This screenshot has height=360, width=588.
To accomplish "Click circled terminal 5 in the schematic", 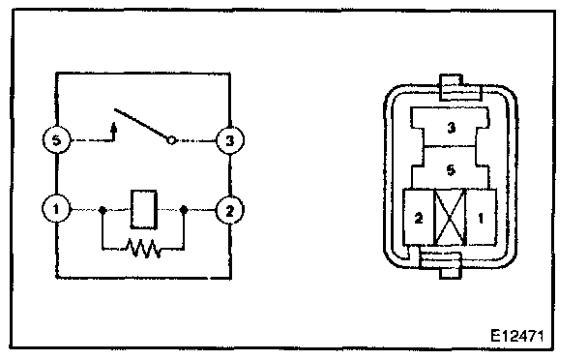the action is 56,140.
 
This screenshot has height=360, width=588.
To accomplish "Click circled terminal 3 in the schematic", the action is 230,140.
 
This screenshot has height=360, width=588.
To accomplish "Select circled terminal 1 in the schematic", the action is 56,209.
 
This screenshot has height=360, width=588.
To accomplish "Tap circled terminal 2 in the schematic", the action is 229,210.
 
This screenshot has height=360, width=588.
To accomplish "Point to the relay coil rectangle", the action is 144,209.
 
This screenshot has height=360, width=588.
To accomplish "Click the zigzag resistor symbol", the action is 143,248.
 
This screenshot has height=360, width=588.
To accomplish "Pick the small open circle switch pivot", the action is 170,140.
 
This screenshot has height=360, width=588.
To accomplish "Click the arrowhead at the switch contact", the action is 114,127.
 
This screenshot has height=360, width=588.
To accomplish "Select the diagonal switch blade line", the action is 140,123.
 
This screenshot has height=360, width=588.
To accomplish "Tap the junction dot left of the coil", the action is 103,209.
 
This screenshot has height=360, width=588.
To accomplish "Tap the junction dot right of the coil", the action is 184,209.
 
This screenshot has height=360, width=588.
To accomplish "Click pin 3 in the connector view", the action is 451,127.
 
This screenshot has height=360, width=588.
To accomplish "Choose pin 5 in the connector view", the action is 451,169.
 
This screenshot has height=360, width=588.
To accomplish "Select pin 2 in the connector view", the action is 418,217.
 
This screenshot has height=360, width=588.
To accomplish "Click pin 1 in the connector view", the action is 481,217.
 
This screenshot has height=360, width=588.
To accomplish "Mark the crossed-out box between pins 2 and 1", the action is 450,217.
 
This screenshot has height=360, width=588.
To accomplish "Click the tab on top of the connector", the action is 451,87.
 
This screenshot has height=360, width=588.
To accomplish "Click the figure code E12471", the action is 516,335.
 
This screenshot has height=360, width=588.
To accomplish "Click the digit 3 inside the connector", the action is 451,128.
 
